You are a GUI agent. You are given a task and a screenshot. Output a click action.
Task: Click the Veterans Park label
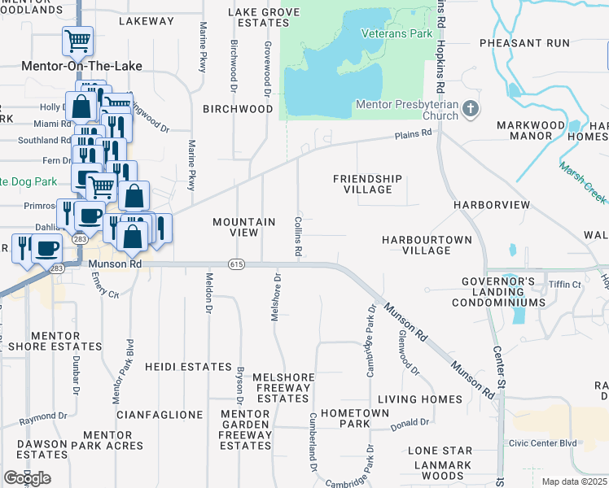(x=397, y=34)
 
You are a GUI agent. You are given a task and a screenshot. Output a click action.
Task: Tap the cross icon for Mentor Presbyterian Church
(x=471, y=109)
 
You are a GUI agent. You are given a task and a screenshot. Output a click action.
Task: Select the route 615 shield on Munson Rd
(x=236, y=264)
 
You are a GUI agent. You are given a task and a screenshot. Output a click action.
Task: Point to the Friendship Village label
(x=367, y=184)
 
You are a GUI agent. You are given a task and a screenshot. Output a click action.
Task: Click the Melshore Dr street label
(x=277, y=297)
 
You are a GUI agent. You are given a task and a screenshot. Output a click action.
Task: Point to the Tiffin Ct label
(x=565, y=285)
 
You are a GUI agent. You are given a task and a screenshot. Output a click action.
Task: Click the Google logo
(x=27, y=478)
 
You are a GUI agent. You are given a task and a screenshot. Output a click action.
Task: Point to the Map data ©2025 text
(x=575, y=481)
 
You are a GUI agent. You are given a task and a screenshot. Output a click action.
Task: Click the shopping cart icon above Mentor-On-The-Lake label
(x=77, y=40)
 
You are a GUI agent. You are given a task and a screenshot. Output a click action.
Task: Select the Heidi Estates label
(x=189, y=368)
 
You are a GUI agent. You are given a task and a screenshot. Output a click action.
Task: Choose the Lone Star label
(x=440, y=451)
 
